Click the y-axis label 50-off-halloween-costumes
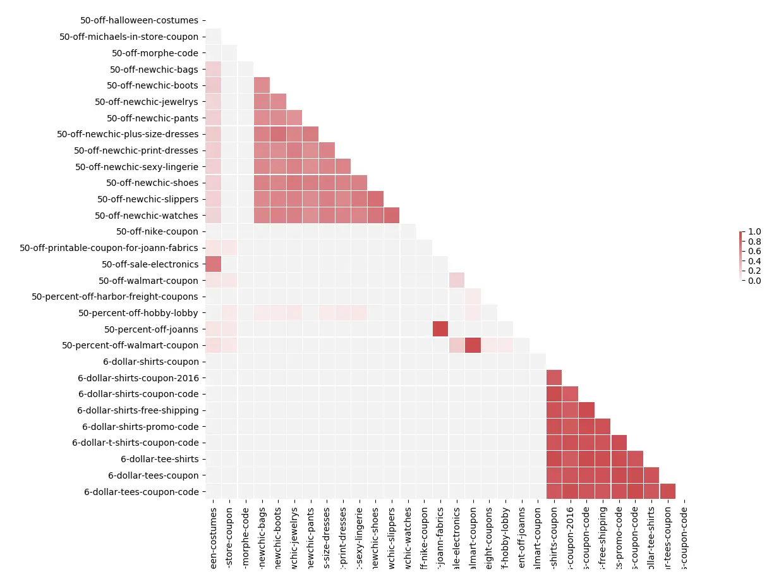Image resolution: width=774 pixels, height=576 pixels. [x=139, y=20]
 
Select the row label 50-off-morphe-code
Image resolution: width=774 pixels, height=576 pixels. [x=155, y=53]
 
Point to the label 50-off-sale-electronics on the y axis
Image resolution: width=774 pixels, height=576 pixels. [x=150, y=264]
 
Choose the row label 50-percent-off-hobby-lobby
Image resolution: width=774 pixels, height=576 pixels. [x=138, y=313]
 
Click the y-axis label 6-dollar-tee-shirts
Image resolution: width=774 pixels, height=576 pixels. [x=159, y=459]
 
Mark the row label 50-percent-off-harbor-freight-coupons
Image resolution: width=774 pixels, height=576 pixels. [x=115, y=297]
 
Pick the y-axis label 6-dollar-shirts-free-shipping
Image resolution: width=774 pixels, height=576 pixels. [x=138, y=410]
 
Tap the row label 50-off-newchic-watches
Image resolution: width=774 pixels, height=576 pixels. [x=147, y=216]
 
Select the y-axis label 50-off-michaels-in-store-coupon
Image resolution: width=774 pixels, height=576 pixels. [x=129, y=37]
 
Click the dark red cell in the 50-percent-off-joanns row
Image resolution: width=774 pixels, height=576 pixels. [x=440, y=329]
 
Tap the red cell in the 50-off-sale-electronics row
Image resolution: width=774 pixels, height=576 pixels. [x=213, y=264]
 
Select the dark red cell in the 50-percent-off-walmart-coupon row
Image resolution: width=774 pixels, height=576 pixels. [x=473, y=345]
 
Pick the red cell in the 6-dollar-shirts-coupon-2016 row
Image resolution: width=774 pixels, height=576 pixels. [x=554, y=377]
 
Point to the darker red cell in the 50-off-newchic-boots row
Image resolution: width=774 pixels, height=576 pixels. [x=262, y=85]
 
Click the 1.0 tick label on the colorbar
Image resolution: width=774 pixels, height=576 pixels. [x=755, y=231]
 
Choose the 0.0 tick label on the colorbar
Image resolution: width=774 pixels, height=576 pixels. [x=755, y=281]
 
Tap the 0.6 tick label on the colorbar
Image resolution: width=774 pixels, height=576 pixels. [x=755, y=251]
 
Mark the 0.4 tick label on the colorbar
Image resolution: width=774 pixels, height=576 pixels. [x=755, y=261]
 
